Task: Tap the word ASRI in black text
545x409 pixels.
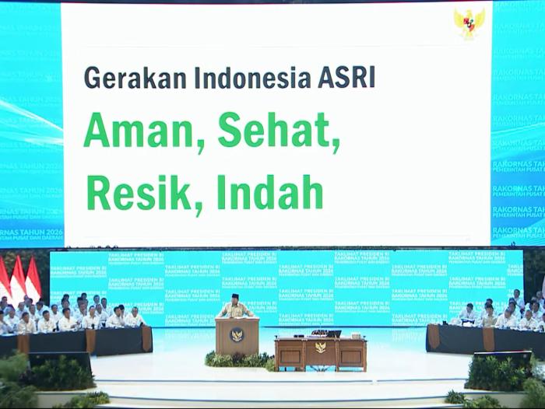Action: (345, 77)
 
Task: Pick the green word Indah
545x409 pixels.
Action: (270, 192)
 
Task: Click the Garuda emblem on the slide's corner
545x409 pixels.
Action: (469, 23)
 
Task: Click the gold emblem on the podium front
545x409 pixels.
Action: (237, 336)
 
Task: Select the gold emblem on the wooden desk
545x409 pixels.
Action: (320, 347)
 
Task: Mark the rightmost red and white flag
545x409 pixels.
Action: (33, 278)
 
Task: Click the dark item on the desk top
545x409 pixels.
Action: (333, 334)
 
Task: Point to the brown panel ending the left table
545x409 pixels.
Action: (146, 338)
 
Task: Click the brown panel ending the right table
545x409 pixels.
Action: (433, 337)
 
